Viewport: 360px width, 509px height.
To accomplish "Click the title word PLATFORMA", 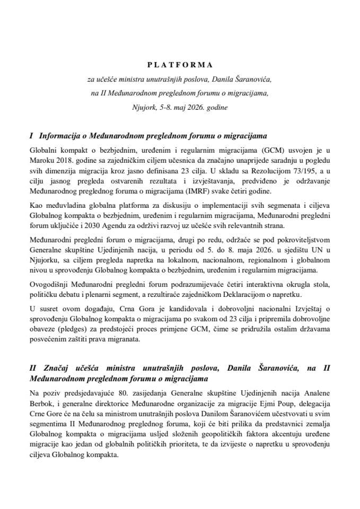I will [x=180, y=65].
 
